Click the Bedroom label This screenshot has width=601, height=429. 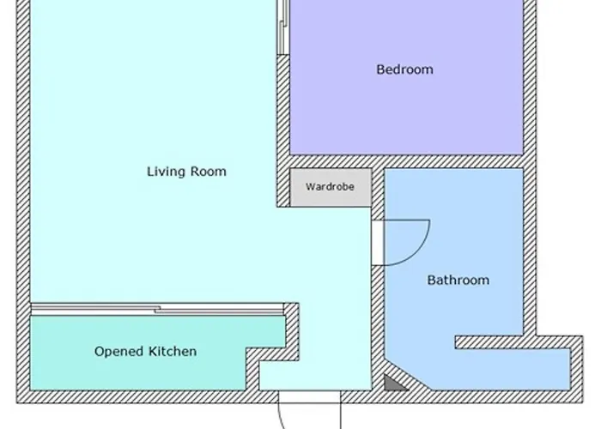[x=404, y=69]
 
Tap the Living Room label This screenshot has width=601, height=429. [x=186, y=172]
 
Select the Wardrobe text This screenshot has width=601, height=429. [x=330, y=187]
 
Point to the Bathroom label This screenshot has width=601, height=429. [x=458, y=280]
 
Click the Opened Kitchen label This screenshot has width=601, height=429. [x=145, y=351]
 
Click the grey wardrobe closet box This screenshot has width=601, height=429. [x=331, y=188]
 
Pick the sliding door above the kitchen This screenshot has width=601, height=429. [x=157, y=309]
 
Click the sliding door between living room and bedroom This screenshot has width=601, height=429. [x=282, y=27]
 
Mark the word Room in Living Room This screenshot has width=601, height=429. [x=209, y=172]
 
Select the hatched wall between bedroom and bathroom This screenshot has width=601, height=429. [x=406, y=161]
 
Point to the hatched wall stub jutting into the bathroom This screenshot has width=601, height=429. [x=489, y=342]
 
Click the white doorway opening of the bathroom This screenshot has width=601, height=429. [x=378, y=243]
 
